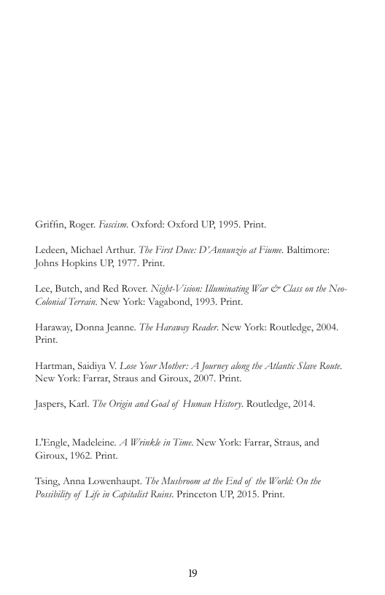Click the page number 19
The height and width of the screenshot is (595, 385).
tap(192, 573)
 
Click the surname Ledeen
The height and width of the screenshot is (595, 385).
tap(50, 250)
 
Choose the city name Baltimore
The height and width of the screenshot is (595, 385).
tap(307, 250)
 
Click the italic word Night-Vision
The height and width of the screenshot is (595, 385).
tap(171, 289)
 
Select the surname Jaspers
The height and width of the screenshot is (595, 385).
tap(51, 404)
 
